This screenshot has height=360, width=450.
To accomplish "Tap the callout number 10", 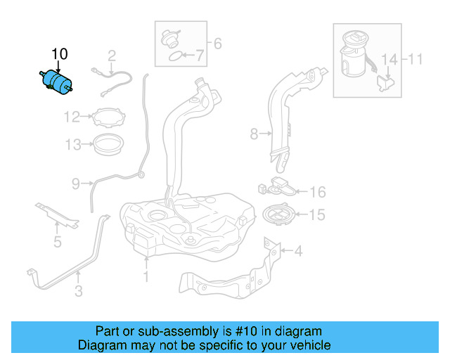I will [x=60, y=54].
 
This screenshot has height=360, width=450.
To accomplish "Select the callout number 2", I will [x=111, y=56].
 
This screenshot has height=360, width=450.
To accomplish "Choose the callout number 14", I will [x=390, y=59].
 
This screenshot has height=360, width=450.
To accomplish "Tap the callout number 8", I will [x=254, y=132].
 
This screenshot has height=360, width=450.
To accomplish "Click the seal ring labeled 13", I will [x=109, y=146].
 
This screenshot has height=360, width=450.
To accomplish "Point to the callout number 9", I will [x=76, y=184].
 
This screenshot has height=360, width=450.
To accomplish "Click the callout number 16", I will [x=318, y=192].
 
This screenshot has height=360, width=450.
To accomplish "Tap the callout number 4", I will [x=298, y=250].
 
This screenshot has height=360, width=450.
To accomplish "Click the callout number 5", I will [x=58, y=243].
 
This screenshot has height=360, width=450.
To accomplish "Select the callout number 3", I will [x=79, y=290].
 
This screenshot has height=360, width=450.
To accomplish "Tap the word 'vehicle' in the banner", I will [x=310, y=345].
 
